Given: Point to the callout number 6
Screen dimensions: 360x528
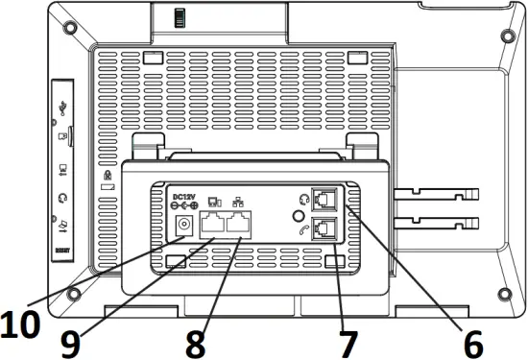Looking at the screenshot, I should tap(469, 340).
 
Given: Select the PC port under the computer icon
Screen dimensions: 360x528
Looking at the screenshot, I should tap(212, 227).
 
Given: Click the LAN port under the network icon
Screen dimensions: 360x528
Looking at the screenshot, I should tap(243, 227).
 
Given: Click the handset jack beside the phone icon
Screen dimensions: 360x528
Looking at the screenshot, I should tap(325, 230).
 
